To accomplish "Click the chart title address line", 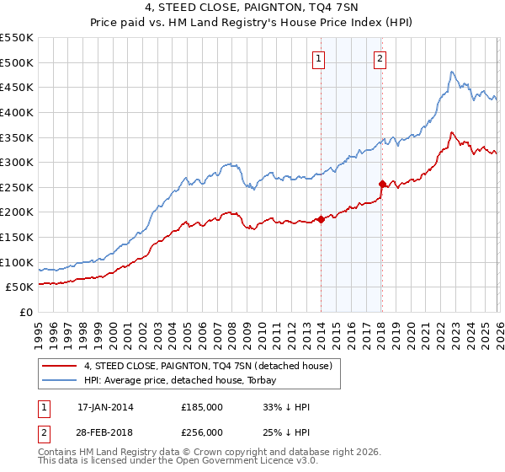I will click(252, 9).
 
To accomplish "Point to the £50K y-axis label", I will click(20, 287).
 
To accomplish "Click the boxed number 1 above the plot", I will click(320, 59).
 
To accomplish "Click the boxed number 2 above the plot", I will click(380, 59).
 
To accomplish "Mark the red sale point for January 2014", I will click(321, 220).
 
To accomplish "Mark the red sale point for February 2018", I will click(382, 184).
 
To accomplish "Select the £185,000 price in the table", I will click(201, 407).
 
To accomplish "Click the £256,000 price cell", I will click(201, 432).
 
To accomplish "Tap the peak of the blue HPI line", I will click(452, 72).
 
